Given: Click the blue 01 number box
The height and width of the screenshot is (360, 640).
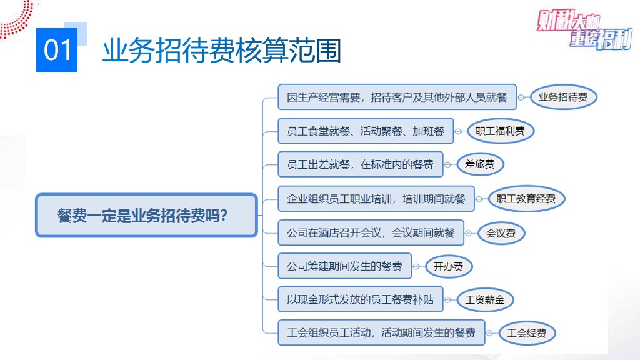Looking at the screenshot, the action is tap(57, 50).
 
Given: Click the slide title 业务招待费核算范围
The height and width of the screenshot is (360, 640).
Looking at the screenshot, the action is tap(222, 51).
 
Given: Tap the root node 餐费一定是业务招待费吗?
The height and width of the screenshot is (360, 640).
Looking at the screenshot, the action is tap(146, 215).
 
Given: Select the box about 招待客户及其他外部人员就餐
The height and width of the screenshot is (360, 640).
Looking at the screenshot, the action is tap(397, 97).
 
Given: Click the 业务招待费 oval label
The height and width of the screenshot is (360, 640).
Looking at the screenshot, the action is tap(563, 97).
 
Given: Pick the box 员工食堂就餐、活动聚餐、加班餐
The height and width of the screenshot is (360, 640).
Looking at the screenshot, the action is tap(366, 131).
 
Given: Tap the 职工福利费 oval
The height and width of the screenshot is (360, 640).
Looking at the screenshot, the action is tap(501, 131).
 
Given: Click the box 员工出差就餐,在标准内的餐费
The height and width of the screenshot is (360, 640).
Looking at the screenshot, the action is tap(361, 164).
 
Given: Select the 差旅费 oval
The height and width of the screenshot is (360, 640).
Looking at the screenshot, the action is tap(480, 164).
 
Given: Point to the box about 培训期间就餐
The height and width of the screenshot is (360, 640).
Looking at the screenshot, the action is tap(376, 199).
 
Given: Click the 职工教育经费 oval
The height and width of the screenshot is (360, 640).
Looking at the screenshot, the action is tap(526, 199).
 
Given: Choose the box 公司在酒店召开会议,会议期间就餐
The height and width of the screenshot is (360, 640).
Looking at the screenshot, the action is tap(371, 232).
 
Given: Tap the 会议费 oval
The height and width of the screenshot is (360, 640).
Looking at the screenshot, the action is tap(501, 233).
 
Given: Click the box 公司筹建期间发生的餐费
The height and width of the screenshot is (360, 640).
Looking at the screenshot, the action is tap(344, 266).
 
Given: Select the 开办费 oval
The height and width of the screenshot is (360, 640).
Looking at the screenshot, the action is tap(449, 266).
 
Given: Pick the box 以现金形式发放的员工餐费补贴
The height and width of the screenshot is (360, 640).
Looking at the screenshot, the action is tap(361, 299).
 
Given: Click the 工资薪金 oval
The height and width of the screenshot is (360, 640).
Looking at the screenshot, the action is tap(485, 300).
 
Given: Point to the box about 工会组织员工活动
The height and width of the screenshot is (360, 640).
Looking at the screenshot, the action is tap(382, 332).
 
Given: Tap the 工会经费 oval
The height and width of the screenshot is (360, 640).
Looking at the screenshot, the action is tap(527, 333).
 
